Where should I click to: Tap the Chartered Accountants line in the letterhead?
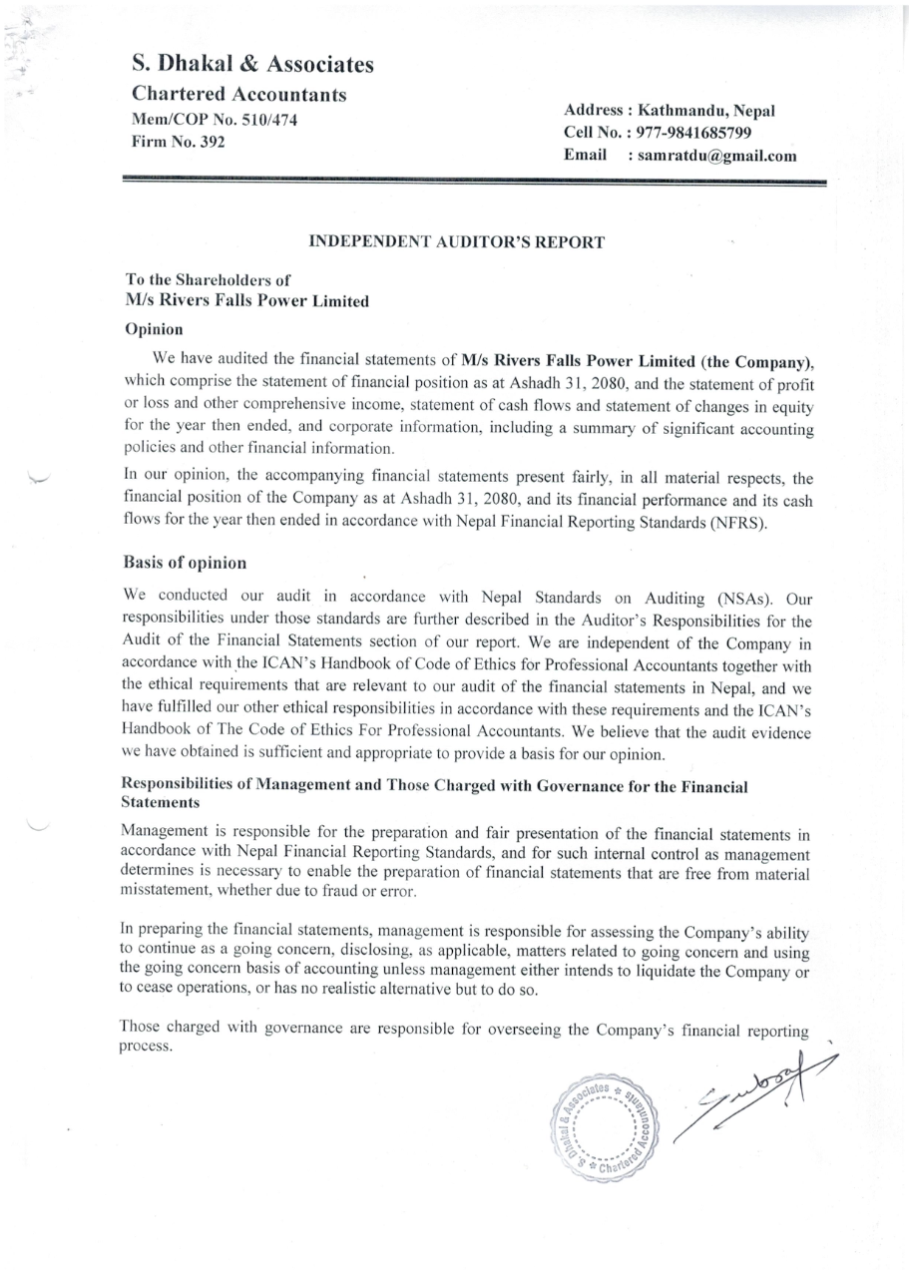239,96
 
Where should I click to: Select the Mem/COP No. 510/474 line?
216,120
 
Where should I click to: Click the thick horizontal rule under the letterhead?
474,183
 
